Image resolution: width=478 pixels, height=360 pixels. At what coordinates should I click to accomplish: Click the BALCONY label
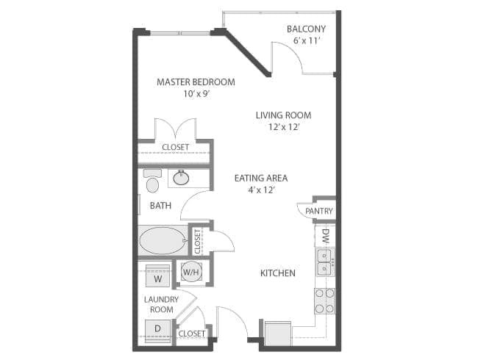click(307, 29)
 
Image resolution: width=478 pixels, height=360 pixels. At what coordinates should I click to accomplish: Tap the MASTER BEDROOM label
click(196, 82)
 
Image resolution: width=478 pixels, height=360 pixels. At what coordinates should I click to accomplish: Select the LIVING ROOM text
click(283, 115)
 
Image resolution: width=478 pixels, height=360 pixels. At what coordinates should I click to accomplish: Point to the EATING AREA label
click(260, 178)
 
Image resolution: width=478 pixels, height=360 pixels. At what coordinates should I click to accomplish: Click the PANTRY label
click(319, 212)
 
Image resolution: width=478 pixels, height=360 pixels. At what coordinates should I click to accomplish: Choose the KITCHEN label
click(278, 273)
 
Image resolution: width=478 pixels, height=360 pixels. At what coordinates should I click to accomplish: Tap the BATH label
click(160, 206)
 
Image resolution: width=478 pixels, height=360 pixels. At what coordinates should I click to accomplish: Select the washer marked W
click(157, 278)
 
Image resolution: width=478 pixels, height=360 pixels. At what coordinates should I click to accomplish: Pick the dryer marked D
click(157, 328)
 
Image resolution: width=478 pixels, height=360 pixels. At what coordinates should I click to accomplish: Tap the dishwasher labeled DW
click(325, 236)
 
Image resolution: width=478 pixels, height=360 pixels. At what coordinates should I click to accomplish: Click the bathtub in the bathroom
click(163, 240)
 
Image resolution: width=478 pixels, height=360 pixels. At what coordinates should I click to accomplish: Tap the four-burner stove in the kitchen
click(324, 300)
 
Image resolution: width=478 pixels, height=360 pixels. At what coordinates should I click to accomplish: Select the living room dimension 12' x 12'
click(283, 127)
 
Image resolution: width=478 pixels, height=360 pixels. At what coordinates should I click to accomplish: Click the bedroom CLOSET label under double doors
click(175, 147)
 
